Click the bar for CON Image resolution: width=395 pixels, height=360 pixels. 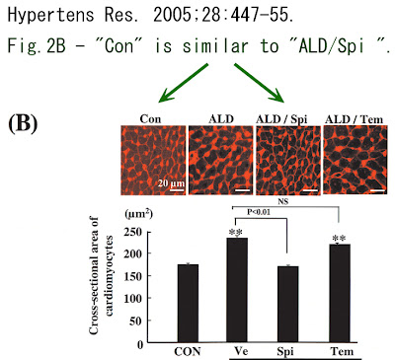pos(188,303)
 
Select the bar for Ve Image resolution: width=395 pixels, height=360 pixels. pos(237,290)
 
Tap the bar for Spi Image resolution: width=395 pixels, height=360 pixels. pos(288,304)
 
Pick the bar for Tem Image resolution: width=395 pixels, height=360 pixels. pos(340,293)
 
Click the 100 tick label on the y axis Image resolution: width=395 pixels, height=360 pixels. pos(133,299)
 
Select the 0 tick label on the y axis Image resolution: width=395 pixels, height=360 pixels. pos(140,344)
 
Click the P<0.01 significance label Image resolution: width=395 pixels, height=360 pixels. pos(259,212)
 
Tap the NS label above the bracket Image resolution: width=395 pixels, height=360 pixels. pos(282,201)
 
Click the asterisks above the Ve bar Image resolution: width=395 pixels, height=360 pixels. pos(236,232)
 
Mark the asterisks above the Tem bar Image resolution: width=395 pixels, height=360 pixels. pos(340,239)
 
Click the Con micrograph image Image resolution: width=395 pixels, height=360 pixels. pos(154,160)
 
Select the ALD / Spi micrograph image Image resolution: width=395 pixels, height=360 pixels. pos(288,160)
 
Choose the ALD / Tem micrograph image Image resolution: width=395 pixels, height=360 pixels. pos(355,160)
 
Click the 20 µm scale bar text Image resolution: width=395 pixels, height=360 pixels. pos(171,182)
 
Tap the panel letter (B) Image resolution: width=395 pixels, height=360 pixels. pos(23,124)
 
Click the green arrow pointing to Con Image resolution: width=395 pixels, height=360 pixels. pos(184,83)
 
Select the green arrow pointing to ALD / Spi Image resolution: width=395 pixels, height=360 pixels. pos(259,83)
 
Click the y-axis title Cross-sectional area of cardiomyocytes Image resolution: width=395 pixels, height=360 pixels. pos(102,275)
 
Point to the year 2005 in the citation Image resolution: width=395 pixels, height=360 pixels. pos(172,16)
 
